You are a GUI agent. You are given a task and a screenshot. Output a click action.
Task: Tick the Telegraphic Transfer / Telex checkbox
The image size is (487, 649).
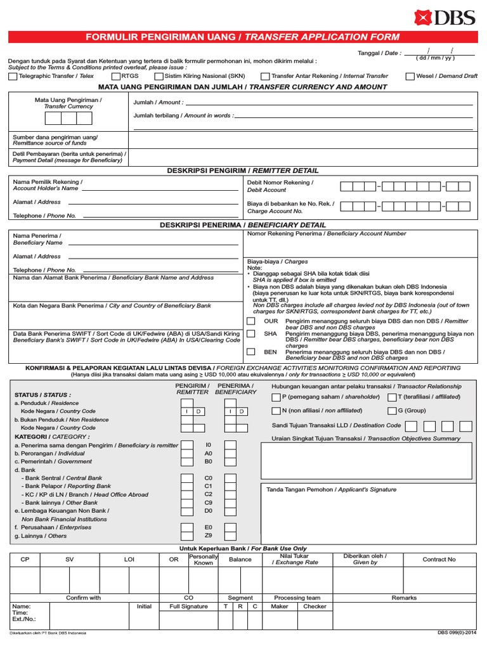(13, 77)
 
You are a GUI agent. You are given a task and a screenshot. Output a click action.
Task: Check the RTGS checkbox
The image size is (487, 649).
(116, 77)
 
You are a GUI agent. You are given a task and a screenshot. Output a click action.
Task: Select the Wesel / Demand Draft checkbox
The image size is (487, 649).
(410, 77)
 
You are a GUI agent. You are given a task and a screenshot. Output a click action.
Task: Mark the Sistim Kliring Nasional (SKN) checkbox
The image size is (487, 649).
(159, 77)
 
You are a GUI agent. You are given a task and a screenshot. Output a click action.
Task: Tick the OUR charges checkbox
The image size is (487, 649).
(251, 321)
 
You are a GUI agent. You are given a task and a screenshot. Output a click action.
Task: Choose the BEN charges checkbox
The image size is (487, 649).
(251, 352)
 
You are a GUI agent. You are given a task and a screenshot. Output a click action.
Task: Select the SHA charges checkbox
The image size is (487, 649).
(251, 333)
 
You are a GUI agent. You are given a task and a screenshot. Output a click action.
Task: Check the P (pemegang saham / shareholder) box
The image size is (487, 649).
(276, 397)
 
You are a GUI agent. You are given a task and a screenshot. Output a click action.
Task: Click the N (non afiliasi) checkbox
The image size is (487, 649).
(276, 411)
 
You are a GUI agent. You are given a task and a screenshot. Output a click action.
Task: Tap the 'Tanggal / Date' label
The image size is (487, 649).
(379, 53)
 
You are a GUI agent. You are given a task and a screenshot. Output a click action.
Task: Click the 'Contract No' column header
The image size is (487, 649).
(439, 560)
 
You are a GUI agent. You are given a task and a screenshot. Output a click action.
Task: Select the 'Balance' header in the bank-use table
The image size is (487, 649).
(240, 560)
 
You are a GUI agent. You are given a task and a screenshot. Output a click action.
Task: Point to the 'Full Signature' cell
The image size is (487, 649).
(188, 607)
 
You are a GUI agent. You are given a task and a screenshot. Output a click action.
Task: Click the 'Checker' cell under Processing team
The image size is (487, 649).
(315, 607)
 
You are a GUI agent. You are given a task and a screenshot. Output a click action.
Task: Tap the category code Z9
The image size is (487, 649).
(209, 536)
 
